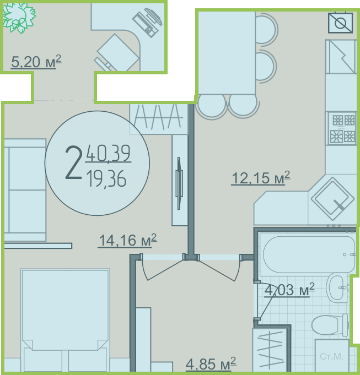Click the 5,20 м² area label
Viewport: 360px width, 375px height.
(x=36, y=62)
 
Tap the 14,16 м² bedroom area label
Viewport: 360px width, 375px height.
(x=127, y=240)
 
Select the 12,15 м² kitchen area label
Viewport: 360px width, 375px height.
(x=261, y=178)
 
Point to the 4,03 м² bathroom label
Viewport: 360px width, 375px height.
(x=289, y=290)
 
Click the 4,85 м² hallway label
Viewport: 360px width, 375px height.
(x=211, y=364)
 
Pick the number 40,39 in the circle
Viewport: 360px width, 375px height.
(x=108, y=153)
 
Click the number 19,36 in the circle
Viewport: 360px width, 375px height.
(x=106, y=178)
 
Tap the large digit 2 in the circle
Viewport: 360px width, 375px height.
(x=73, y=162)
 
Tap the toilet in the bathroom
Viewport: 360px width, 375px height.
(x=330, y=325)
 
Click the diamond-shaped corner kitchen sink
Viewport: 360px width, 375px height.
(x=333, y=199)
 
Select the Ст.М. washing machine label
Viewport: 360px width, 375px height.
(x=331, y=356)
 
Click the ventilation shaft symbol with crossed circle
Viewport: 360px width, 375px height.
(x=340, y=23)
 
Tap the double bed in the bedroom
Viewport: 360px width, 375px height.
(x=65, y=320)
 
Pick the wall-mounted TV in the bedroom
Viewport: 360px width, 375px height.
(x=179, y=183)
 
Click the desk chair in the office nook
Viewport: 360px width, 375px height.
(x=117, y=54)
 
